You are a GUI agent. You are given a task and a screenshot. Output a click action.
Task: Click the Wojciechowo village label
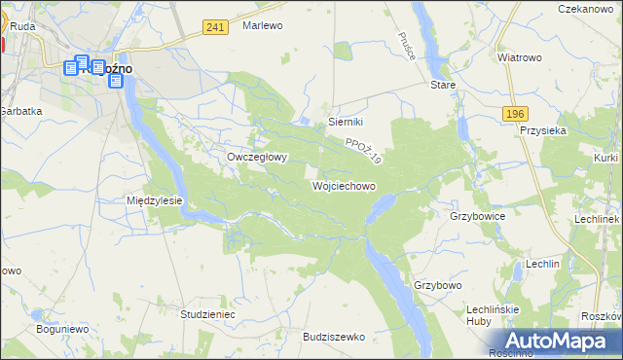(x=344, y=185)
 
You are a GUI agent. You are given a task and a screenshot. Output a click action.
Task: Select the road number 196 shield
(x=516, y=115)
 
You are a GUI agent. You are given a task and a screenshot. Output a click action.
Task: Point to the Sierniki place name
(x=346, y=122)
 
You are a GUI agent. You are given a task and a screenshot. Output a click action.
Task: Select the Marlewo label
(x=262, y=26)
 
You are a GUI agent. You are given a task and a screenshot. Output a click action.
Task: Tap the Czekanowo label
(x=590, y=9)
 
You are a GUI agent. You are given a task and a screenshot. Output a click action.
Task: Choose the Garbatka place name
(x=21, y=111)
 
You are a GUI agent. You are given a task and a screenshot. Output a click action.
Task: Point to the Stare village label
(x=443, y=85)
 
